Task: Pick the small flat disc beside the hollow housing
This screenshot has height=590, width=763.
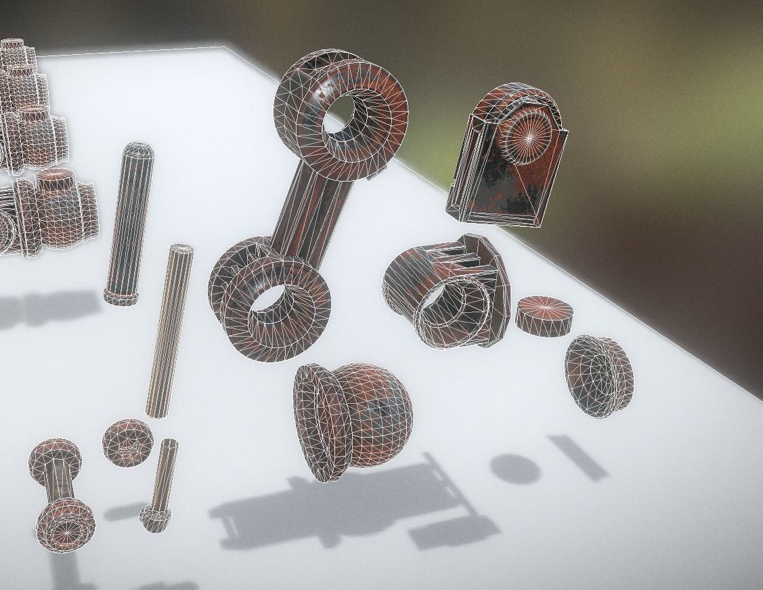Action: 544,314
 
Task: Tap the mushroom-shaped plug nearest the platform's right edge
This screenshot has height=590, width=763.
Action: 599,375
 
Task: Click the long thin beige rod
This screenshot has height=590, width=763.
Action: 168,332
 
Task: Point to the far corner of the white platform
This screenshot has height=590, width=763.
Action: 225,47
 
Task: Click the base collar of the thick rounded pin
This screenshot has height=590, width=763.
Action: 121,297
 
